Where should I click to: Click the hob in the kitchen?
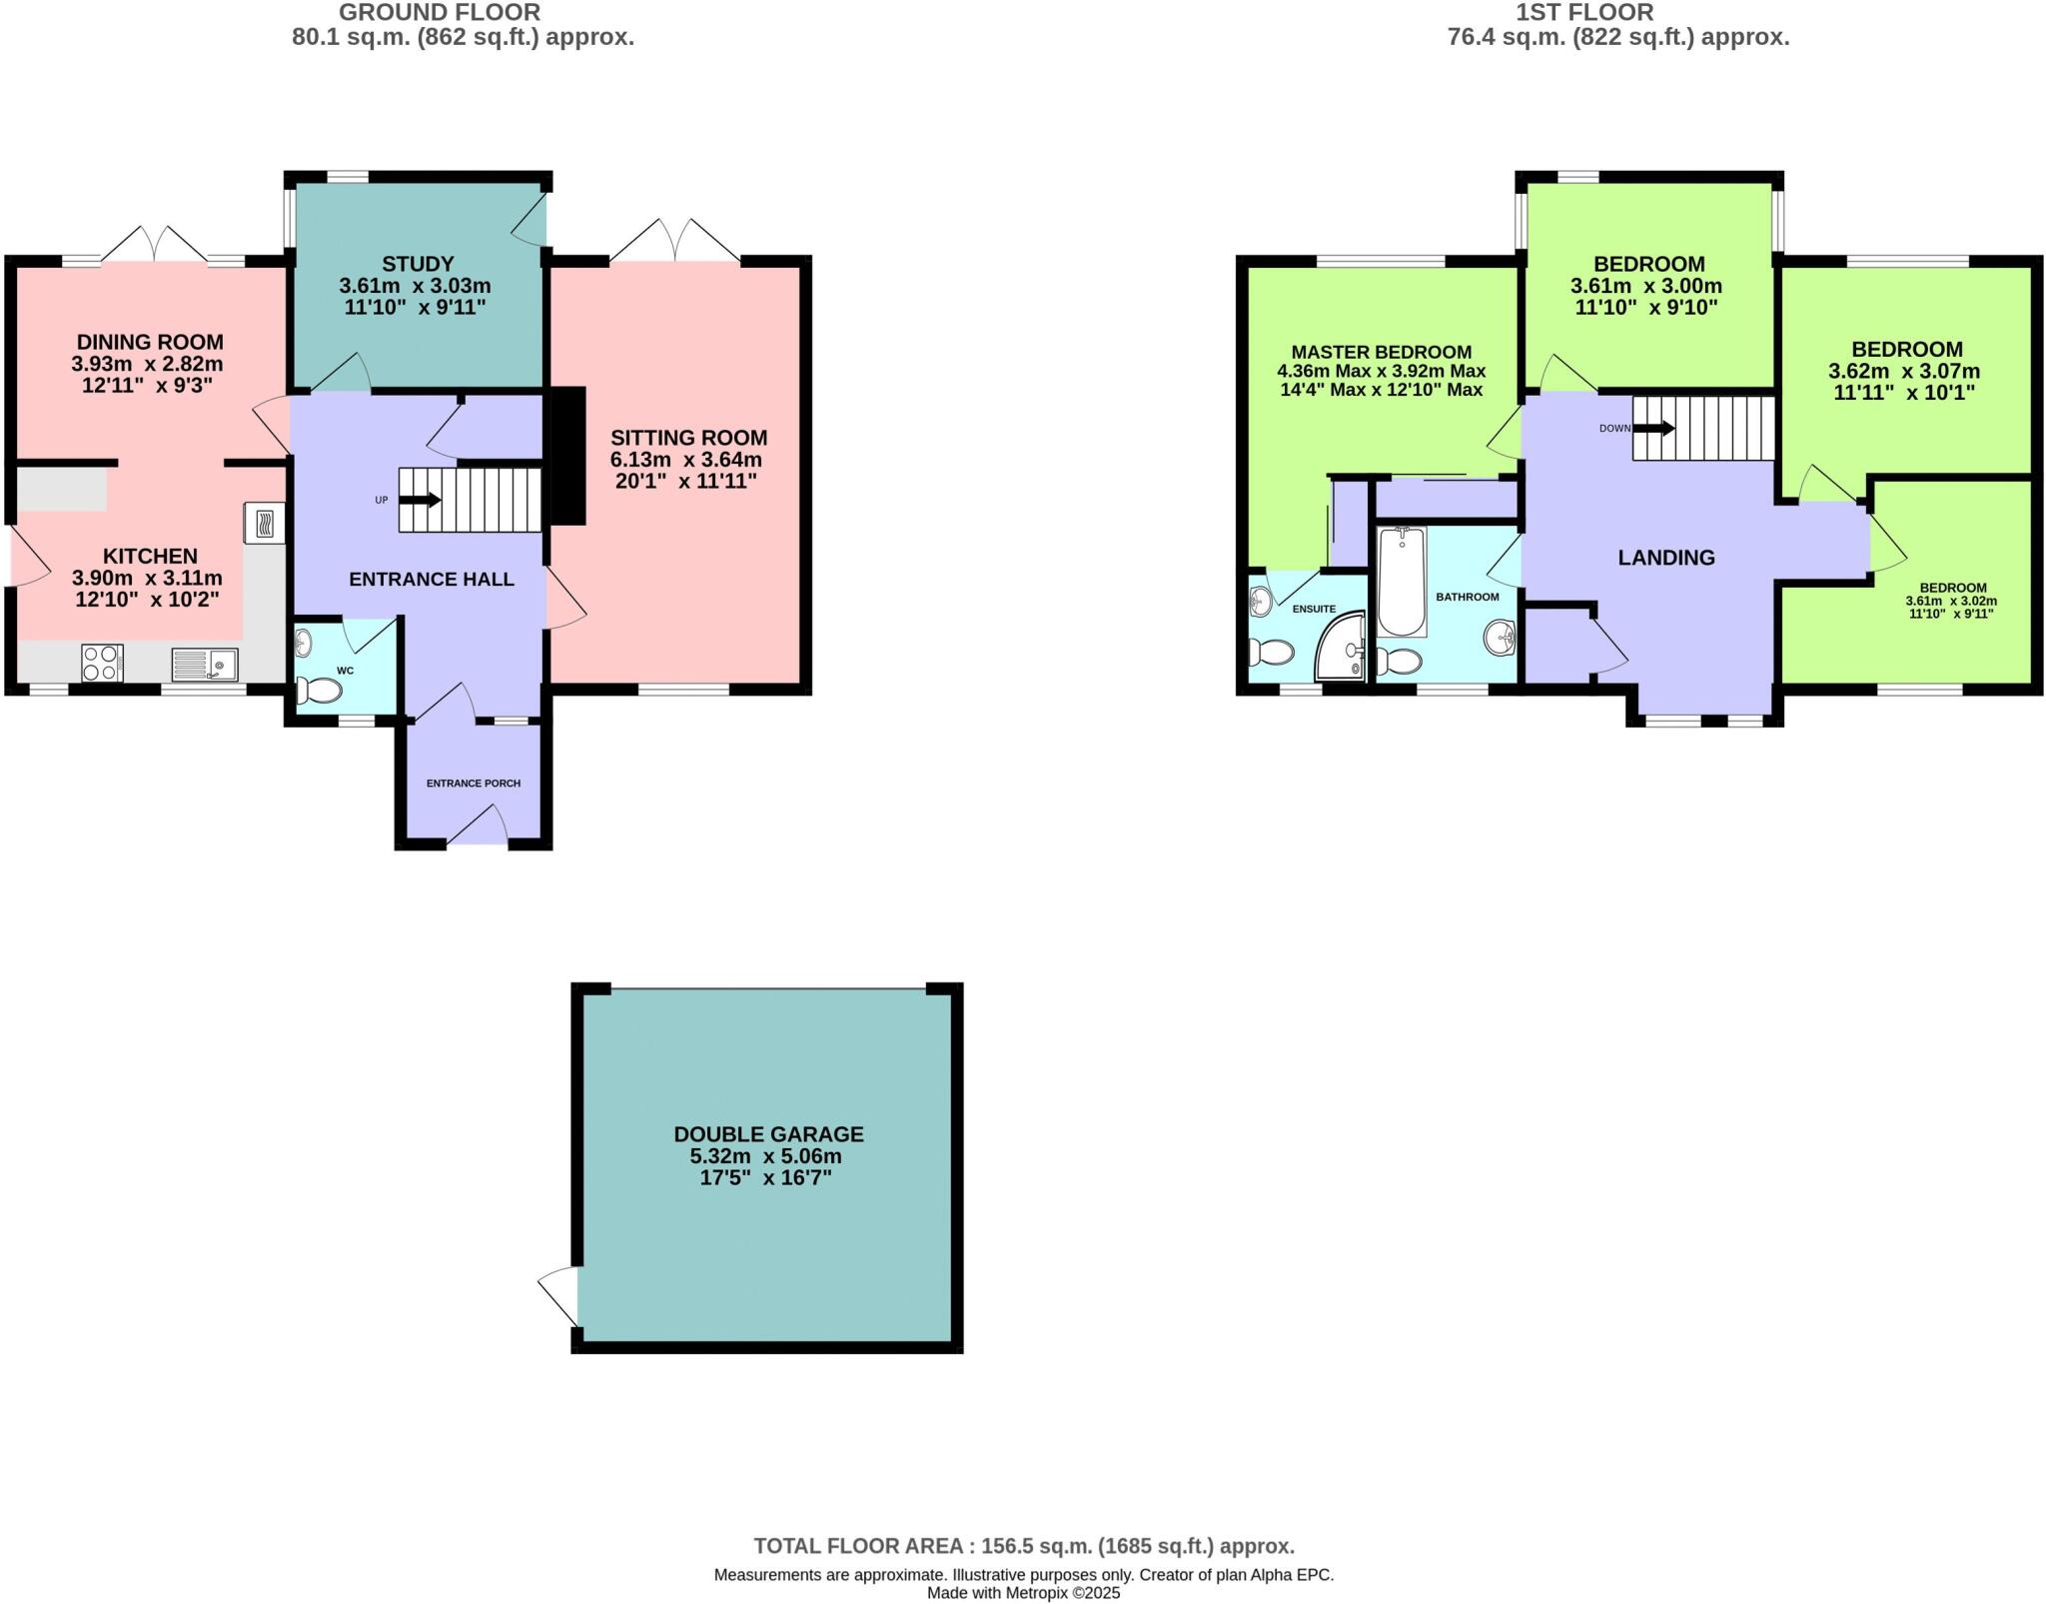pyautogui.click(x=102, y=663)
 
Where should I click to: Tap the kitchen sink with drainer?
pyautogui.click(x=205, y=664)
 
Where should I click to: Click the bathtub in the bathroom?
pyautogui.click(x=1402, y=582)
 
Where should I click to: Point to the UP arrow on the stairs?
pyautogui.click(x=421, y=500)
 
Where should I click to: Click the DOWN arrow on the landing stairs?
pyautogui.click(x=1653, y=428)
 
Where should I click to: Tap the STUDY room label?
pyautogui.click(x=418, y=264)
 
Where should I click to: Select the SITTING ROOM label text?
pyautogui.click(x=688, y=438)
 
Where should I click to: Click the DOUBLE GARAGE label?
pyautogui.click(x=768, y=1134)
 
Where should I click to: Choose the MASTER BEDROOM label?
pyautogui.click(x=1381, y=352)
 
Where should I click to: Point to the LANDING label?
pyautogui.click(x=1665, y=558)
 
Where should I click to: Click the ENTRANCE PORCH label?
pyautogui.click(x=474, y=784)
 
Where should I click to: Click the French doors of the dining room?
pyautogui.click(x=155, y=246)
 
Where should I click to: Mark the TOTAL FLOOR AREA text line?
pyautogui.click(x=1023, y=1546)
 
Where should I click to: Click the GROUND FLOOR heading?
pyautogui.click(x=440, y=13)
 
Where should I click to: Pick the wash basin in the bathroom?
pyautogui.click(x=1500, y=637)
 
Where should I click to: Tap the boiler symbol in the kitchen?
pyautogui.click(x=264, y=523)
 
